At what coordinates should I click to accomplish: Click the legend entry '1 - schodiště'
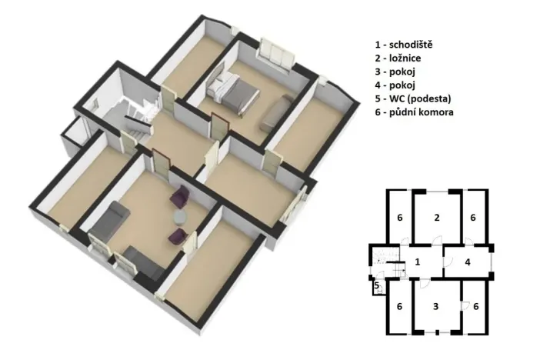(405, 45)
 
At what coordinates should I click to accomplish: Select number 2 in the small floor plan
(436, 218)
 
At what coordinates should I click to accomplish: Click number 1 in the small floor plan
(417, 262)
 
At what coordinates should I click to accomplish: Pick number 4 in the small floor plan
(468, 262)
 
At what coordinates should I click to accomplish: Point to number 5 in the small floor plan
(376, 286)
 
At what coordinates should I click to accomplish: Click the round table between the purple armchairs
(181, 216)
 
